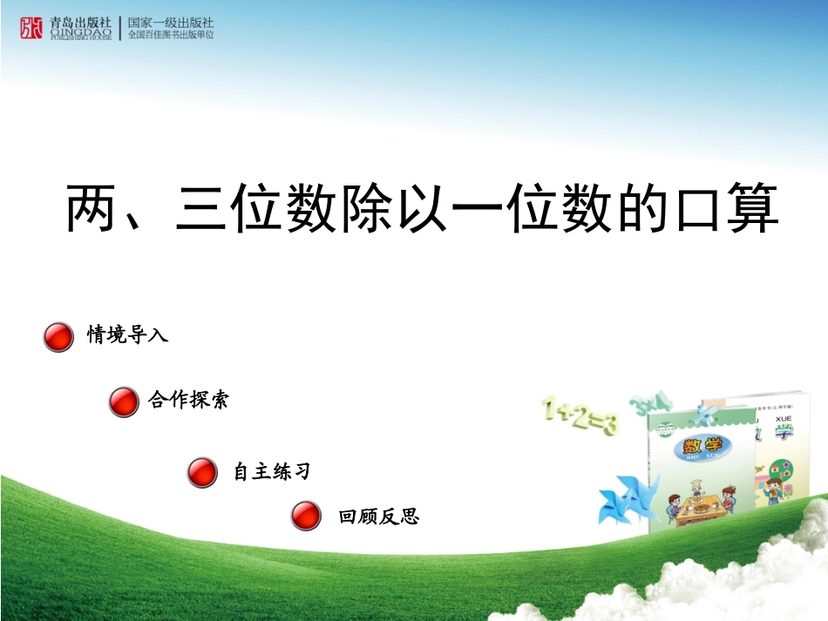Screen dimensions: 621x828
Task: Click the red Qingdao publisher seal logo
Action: point(31,28)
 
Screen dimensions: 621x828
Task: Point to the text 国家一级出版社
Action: point(171,22)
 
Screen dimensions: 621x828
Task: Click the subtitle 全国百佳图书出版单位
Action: point(171,35)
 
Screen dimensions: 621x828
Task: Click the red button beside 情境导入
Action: point(58,336)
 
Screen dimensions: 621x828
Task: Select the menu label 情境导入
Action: point(127,334)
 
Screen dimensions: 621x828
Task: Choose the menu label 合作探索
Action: point(188,401)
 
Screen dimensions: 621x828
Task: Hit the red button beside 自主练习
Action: point(202,473)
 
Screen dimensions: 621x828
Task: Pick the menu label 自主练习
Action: point(271,472)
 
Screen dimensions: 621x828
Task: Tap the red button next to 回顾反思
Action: point(306,516)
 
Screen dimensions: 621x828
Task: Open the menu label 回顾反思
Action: point(379,516)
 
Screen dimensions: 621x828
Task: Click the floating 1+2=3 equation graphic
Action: point(580,415)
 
